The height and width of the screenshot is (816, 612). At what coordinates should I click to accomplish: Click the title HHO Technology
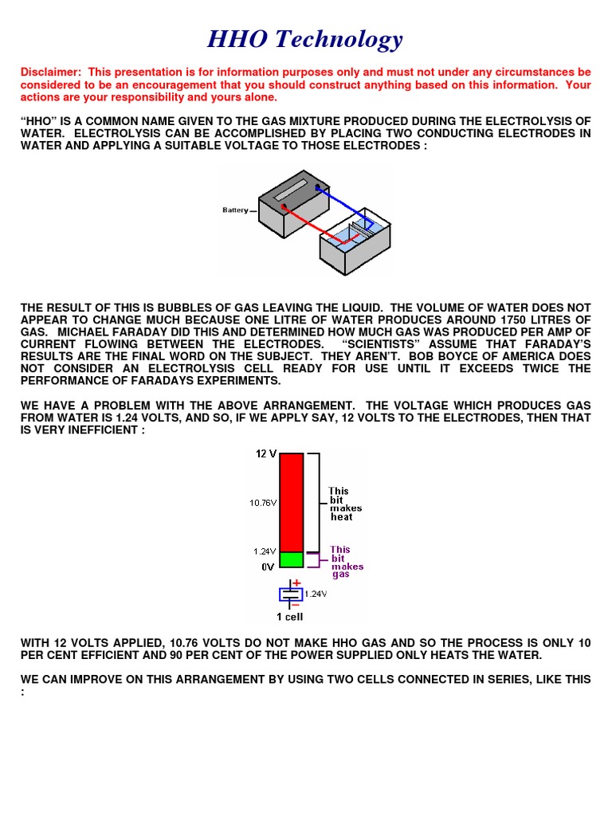click(x=305, y=39)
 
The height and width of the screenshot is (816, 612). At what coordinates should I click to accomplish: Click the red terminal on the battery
click(x=284, y=208)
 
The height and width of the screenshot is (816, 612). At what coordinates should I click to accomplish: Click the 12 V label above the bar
click(x=266, y=454)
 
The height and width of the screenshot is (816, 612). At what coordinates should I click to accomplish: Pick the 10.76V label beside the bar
click(x=263, y=503)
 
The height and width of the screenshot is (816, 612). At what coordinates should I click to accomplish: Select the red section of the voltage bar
click(x=291, y=501)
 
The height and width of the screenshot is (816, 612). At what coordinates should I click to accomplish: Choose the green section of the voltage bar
click(x=291, y=559)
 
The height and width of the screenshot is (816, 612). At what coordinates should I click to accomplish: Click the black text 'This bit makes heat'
click(x=345, y=504)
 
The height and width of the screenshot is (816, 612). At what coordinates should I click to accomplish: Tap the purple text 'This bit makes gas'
click(x=347, y=562)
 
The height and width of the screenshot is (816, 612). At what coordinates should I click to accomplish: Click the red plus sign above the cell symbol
click(x=296, y=583)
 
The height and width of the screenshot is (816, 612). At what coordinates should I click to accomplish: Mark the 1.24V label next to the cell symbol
click(x=316, y=594)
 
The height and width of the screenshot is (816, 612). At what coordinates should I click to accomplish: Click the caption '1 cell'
click(x=289, y=617)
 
